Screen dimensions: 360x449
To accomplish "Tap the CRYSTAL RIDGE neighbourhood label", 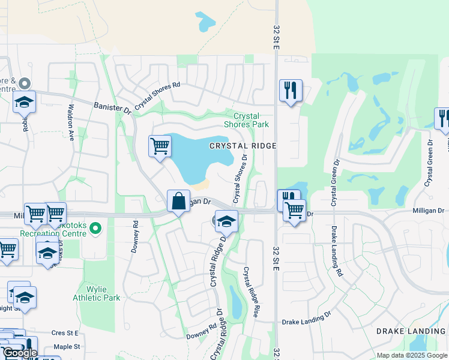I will [243, 146].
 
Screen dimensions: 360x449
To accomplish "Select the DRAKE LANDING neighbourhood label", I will [411, 331].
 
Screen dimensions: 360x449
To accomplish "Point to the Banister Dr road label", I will [112, 108].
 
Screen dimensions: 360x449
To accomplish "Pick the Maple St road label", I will [66, 347].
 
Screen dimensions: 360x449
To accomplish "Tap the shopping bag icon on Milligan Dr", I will [179, 201].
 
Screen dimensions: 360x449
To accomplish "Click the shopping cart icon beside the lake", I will [160, 146].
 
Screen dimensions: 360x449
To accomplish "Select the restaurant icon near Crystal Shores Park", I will [291, 91].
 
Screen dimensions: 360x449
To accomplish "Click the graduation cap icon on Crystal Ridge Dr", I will [226, 223].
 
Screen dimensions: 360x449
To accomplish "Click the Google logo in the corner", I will [20, 353].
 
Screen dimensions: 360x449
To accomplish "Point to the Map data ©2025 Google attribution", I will [411, 355].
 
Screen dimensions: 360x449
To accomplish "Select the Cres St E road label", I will [65, 332].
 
